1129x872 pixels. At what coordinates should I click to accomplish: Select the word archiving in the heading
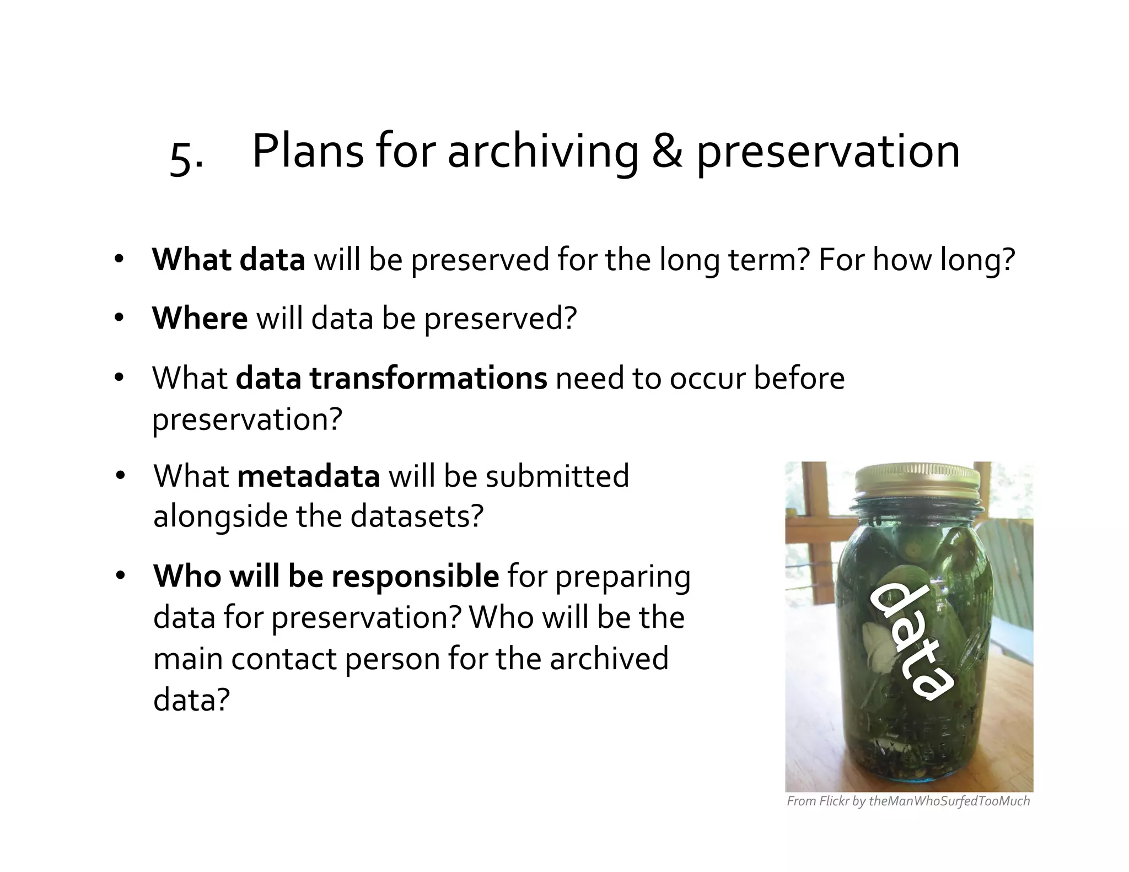[x=542, y=153]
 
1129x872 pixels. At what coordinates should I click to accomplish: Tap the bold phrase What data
[x=228, y=260]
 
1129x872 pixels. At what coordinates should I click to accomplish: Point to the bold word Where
[x=200, y=319]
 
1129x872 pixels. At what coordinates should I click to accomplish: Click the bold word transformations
[x=428, y=378]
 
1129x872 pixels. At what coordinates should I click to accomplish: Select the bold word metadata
[x=308, y=476]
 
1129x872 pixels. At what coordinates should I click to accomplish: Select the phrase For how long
[x=916, y=260]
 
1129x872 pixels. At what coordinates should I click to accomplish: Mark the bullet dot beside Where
[x=119, y=319]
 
